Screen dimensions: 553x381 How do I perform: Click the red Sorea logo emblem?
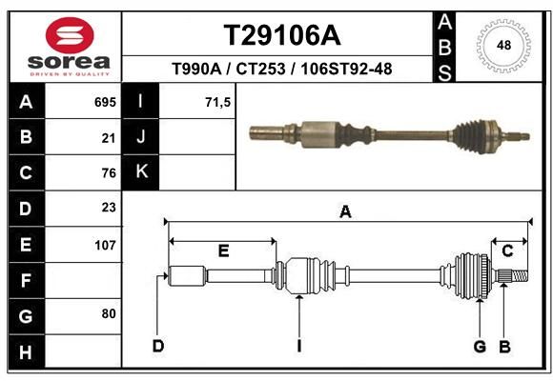(x=70, y=35)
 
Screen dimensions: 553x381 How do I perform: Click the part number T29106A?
(x=282, y=35)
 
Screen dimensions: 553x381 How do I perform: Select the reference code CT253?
(x=260, y=69)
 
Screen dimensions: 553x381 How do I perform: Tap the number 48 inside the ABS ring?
(x=503, y=45)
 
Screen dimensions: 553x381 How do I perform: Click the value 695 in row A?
(x=105, y=102)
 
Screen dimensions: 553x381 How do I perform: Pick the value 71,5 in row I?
(x=217, y=103)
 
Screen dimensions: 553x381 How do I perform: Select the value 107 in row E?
(x=105, y=245)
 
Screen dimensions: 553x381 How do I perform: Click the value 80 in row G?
(x=109, y=313)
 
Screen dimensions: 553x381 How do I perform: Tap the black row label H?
(x=27, y=352)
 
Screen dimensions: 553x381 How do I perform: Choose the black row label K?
(x=141, y=171)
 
